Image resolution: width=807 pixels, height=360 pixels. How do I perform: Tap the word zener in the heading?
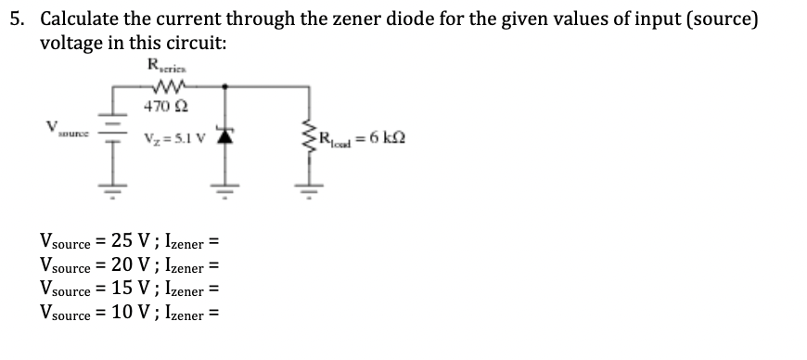(345, 19)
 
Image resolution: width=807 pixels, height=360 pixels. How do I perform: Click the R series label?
(163, 65)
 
